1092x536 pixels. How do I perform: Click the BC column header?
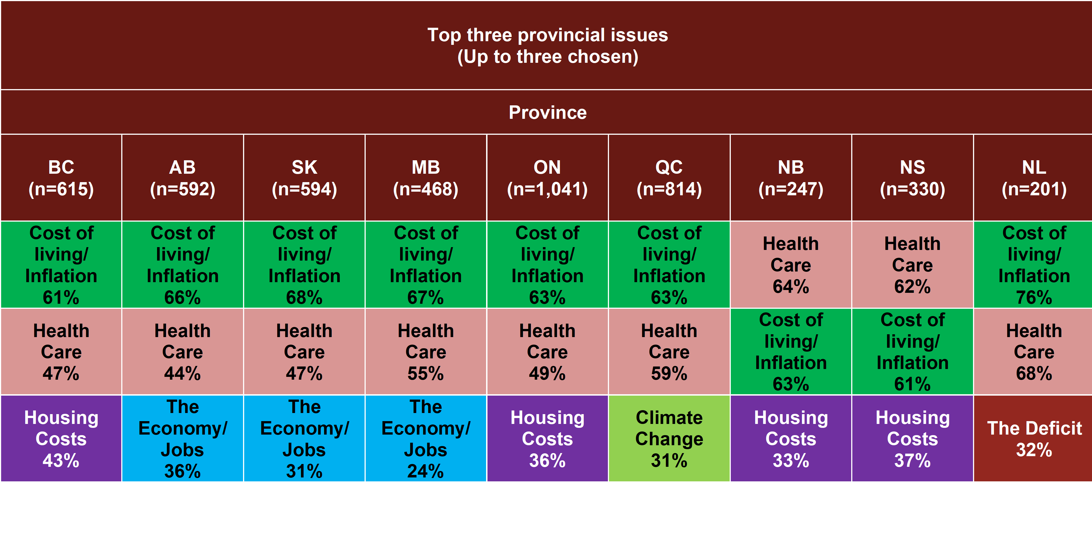tap(61, 178)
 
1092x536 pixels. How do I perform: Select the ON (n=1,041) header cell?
tap(547, 178)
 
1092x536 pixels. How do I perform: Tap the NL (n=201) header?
tap(1033, 178)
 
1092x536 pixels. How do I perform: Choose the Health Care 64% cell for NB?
tap(791, 264)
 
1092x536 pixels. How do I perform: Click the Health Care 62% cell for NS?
tap(912, 264)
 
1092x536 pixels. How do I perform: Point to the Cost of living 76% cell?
tap(1033, 264)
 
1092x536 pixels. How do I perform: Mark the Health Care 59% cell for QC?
tap(669, 352)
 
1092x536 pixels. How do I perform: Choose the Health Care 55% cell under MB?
tap(426, 352)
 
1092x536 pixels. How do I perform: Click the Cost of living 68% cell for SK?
tap(304, 264)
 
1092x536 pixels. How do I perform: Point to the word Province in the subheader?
tap(548, 112)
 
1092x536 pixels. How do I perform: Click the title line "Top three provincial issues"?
tap(548, 35)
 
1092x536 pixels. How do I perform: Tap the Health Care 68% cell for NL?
tap(1033, 352)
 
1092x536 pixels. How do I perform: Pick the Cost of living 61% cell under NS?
tap(912, 352)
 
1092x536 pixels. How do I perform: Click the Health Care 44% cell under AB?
tap(183, 352)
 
